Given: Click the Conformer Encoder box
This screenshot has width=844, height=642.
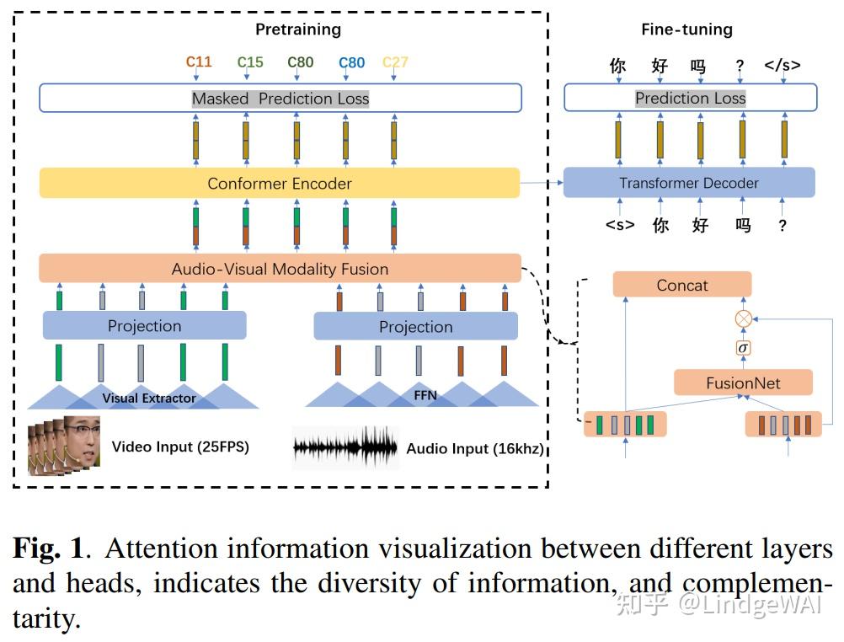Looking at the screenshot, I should point(280,183).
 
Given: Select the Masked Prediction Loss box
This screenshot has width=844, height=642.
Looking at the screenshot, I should point(280,99).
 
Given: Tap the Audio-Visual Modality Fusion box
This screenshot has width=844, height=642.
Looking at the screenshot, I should point(280,270).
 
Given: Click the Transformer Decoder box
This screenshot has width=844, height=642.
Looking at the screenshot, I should point(689,183).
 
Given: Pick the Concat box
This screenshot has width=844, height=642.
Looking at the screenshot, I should point(682,285).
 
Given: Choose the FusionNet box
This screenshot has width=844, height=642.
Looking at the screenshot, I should point(743,383).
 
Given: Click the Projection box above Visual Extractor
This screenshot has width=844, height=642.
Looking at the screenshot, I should point(144,326).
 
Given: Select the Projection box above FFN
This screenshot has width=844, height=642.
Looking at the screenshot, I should point(415,327).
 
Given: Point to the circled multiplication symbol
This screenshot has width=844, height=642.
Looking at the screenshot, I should point(743,318).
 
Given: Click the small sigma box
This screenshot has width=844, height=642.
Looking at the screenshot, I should point(743,348).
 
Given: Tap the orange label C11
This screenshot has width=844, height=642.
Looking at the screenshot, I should point(199,62).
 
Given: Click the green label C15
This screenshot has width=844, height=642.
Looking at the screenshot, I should point(250,62).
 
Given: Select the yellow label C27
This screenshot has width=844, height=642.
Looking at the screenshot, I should point(395,62).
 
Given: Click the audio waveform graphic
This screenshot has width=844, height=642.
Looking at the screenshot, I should point(345,446).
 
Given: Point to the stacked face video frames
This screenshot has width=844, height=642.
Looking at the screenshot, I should point(64,444).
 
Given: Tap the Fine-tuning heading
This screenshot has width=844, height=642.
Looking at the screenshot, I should point(686,29).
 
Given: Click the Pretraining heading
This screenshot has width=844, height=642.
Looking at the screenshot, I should point(298,29).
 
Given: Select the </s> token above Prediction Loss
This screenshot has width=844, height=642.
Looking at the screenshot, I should point(783,65).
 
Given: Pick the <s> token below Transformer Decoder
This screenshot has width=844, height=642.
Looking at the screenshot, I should point(620,225).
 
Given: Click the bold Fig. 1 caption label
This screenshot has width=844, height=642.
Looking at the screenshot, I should point(48,548).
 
